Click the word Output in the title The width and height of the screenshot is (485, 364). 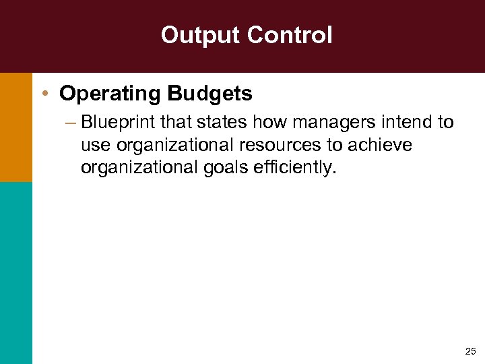tap(194, 35)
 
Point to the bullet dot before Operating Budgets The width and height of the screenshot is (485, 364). tap(44, 94)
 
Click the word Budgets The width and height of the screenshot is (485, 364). tap(210, 94)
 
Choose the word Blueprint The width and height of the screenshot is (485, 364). tap(118, 123)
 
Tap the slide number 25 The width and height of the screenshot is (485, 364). tap(470, 351)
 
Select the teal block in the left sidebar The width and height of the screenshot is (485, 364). tap(15, 273)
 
